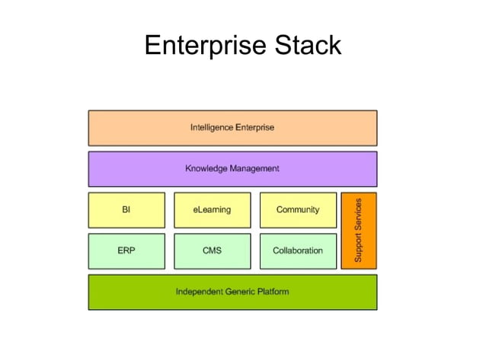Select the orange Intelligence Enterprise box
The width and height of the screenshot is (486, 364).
tap(232, 128)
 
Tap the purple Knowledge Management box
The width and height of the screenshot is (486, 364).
tap(232, 168)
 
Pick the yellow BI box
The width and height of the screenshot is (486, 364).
tap(126, 210)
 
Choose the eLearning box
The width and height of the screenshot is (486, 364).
tap(212, 210)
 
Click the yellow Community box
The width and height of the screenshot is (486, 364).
tap(298, 210)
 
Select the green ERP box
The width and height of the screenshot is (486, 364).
tap(126, 251)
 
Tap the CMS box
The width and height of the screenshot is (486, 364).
tap(212, 251)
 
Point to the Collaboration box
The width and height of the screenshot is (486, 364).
tap(298, 251)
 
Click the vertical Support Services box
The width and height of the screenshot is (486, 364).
tap(359, 230)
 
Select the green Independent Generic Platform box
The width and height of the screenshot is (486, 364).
tap(232, 292)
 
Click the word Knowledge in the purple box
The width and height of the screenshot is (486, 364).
tap(207, 168)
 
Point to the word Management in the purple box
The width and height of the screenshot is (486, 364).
tap(254, 168)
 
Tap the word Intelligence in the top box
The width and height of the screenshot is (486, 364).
tap(212, 128)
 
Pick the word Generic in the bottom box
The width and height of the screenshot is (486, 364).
tap(240, 292)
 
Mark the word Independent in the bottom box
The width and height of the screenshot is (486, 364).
tap(200, 292)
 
